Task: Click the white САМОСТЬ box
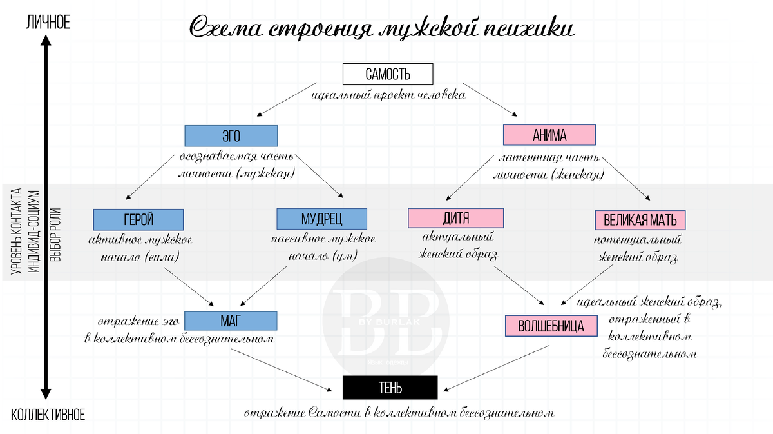[x=387, y=74]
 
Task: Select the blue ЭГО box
[x=231, y=135]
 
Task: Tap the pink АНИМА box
[x=549, y=135]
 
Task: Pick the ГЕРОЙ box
[x=138, y=219]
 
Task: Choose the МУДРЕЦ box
[x=321, y=219]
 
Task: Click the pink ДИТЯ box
[x=456, y=218]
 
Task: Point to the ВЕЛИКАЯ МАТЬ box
[x=640, y=220]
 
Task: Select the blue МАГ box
[x=231, y=321]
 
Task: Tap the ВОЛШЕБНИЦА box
[x=551, y=326]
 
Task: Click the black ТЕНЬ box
[x=390, y=387]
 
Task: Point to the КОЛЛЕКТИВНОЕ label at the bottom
[x=48, y=413]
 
